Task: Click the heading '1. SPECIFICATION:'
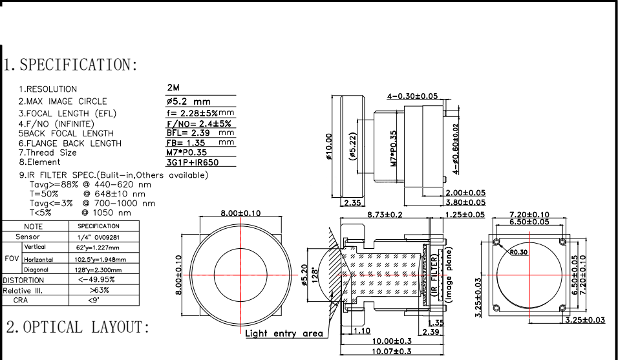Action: (70, 65)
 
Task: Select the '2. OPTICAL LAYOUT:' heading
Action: (78, 327)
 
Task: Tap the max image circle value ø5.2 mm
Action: (188, 101)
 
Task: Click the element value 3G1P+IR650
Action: (193, 163)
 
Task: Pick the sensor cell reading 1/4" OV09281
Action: (98, 237)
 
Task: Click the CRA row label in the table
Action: (21, 301)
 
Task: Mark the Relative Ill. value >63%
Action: (97, 290)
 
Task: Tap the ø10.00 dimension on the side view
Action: (329, 147)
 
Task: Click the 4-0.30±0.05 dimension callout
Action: (412, 96)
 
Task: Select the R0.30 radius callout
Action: (519, 253)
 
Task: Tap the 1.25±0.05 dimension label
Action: (465, 214)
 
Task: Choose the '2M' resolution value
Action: (173, 87)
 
